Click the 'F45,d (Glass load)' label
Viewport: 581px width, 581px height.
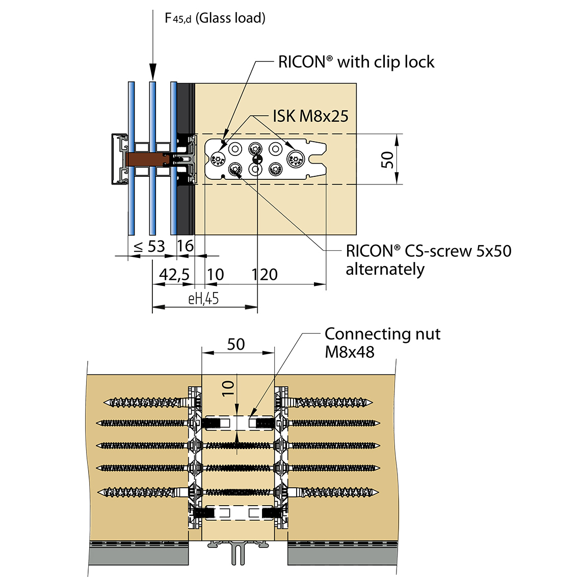tap(215, 18)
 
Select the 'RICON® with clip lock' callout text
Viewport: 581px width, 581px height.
tap(356, 62)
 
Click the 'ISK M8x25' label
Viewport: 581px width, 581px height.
tap(310, 116)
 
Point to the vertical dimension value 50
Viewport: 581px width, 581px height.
tap(387, 160)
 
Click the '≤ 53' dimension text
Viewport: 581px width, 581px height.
tap(149, 247)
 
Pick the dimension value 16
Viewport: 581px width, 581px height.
tap(185, 246)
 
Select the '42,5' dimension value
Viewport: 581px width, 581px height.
tap(174, 275)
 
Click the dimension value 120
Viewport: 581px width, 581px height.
tap(265, 275)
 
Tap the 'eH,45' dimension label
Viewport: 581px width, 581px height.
tap(203, 299)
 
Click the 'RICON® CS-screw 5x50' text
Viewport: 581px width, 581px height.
tap(428, 251)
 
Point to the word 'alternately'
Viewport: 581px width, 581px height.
tap(385, 269)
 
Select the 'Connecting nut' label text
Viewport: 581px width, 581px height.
tap(382, 334)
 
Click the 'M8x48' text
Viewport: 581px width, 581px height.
tap(350, 352)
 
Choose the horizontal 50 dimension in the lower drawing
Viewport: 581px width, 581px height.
tap(236, 345)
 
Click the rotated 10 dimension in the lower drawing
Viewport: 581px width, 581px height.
tap(228, 388)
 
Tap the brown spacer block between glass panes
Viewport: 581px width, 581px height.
tap(149, 160)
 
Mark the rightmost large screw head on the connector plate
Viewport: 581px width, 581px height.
tap(296, 159)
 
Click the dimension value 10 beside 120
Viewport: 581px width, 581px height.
tap(215, 275)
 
